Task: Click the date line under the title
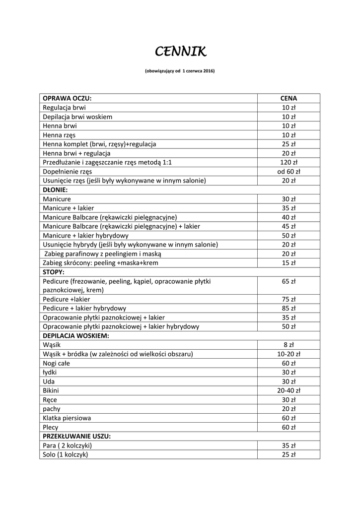coord(180,71)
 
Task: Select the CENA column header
coord(288,98)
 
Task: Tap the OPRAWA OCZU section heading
coord(67,98)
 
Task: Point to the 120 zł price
coord(288,162)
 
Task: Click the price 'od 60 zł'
coord(288,171)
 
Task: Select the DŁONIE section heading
coord(55,190)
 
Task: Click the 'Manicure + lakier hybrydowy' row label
coord(86,235)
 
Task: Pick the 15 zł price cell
coord(288,262)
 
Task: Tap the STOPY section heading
coord(54,272)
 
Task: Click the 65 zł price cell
coord(288,281)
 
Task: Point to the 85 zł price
coord(288,308)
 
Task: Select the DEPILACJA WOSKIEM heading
coord(75,336)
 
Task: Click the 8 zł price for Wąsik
coord(288,345)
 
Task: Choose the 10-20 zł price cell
coord(288,354)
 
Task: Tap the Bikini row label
coord(51,390)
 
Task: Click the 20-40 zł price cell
coord(288,390)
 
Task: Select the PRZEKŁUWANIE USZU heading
coord(76,436)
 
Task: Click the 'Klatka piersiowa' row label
coord(67,418)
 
